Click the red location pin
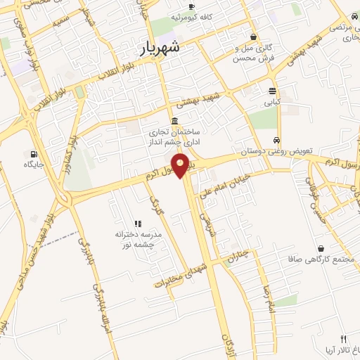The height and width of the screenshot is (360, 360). [x=181, y=167]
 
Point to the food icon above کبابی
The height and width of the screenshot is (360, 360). [x=272, y=91]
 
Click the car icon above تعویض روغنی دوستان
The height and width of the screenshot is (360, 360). [x=278, y=139]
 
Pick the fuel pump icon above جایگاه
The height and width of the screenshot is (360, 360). [x=33, y=153]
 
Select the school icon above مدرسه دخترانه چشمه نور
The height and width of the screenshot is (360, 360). [x=138, y=223]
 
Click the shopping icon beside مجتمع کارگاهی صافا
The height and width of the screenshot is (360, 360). [x=321, y=248]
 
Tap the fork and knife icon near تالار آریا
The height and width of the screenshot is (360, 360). [x=343, y=338]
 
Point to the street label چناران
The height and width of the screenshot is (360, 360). [x=238, y=258]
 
